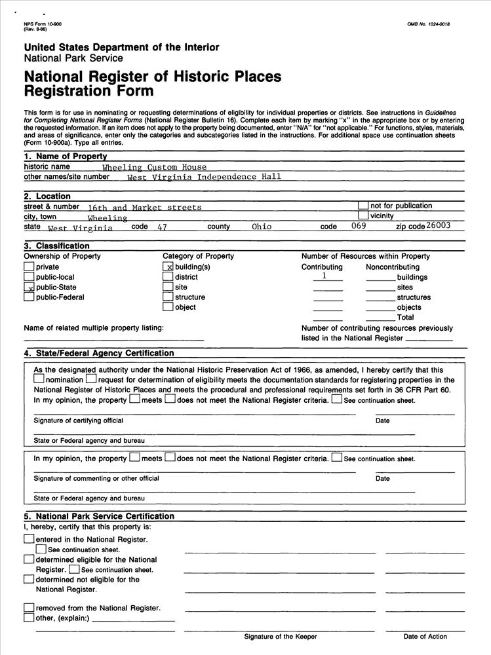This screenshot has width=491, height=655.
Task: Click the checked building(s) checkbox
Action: tap(168, 267)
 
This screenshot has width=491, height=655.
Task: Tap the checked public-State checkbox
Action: tap(29, 288)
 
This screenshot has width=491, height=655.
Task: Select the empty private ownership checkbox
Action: tap(29, 267)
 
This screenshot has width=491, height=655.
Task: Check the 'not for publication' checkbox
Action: tap(363, 206)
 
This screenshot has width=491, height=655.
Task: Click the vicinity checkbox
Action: tap(363, 215)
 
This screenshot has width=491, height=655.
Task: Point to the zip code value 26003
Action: tap(438, 225)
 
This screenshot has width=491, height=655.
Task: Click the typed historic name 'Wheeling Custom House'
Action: tap(154, 168)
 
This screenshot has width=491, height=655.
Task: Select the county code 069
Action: tap(359, 226)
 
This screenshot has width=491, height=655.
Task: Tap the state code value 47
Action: tap(163, 227)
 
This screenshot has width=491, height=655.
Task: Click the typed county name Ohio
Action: tap(262, 227)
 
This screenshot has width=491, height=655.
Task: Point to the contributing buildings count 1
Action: tap(324, 276)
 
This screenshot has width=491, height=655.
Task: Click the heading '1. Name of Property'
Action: tap(65, 157)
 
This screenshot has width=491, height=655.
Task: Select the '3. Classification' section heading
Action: tap(56, 246)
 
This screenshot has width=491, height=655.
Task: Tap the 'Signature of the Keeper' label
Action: tap(281, 637)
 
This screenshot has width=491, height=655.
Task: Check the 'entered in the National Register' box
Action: tap(29, 539)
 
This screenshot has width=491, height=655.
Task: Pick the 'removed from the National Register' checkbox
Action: tap(29, 608)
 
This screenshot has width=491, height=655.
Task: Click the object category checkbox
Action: tap(168, 307)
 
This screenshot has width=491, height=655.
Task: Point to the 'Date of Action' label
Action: tap(425, 637)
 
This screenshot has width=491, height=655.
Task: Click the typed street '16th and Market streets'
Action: tap(145, 208)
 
